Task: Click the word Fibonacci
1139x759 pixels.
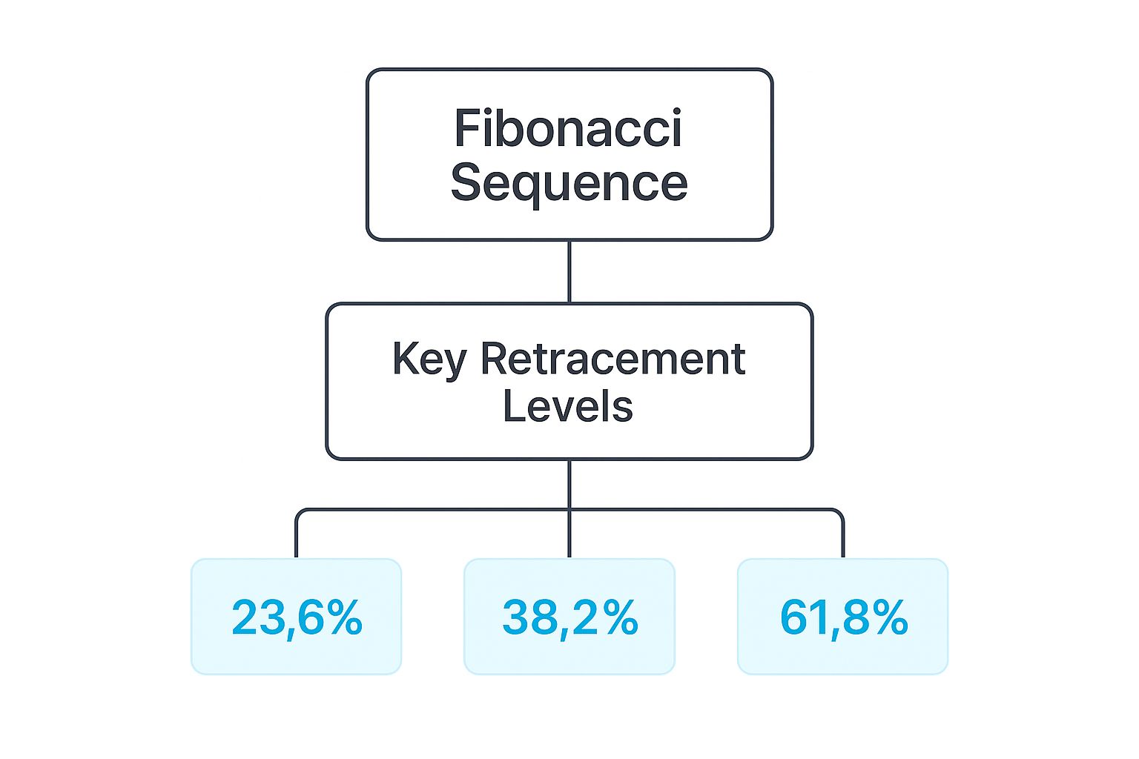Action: [568, 128]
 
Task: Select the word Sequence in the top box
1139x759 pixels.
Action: [569, 183]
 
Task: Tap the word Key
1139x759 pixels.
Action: [429, 360]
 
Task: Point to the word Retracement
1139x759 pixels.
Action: [613, 359]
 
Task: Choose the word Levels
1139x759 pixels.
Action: [568, 406]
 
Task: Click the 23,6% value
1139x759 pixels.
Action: [297, 617]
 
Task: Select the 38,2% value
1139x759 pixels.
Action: [569, 617]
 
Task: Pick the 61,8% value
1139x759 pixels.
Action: [843, 617]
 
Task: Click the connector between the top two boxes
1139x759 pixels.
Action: [569, 271]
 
